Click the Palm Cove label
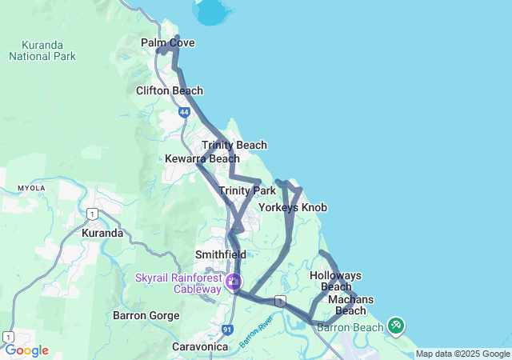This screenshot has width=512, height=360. click(x=167, y=42)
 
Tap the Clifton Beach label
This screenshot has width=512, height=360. click(x=170, y=90)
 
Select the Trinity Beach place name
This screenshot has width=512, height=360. click(x=234, y=145)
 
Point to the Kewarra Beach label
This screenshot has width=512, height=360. click(x=202, y=158)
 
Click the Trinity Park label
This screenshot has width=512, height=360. click(x=247, y=190)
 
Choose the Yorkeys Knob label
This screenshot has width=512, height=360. click(x=292, y=207)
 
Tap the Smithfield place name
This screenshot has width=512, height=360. click(x=220, y=254)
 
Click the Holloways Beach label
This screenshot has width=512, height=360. click(x=335, y=281)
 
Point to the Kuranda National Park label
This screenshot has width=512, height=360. click(x=42, y=50)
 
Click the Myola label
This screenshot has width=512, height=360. click(x=32, y=188)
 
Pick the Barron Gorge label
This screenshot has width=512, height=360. click(x=146, y=315)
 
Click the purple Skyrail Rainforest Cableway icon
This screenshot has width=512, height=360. click(x=234, y=282)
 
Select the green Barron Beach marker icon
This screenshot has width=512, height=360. click(x=396, y=326)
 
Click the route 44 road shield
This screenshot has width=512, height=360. click(x=184, y=114)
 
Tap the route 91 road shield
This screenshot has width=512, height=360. click(x=227, y=329)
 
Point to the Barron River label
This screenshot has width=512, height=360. click(x=256, y=330)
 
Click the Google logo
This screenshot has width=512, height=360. click(x=26, y=350)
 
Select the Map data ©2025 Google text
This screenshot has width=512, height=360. click(x=462, y=354)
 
